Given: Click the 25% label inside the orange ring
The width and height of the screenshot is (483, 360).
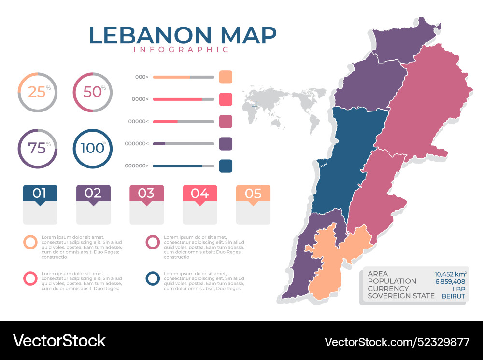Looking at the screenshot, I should (x=37, y=92).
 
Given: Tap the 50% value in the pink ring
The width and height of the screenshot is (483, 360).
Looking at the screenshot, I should (x=92, y=92).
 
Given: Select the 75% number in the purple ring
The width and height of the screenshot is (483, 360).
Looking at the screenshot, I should (x=37, y=148).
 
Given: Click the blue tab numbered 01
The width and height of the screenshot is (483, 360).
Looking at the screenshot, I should (x=40, y=194).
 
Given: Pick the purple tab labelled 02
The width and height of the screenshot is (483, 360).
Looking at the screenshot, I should (x=93, y=194).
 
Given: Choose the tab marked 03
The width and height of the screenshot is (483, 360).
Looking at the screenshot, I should (x=146, y=194).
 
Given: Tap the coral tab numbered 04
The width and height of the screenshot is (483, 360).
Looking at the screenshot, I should (x=199, y=194).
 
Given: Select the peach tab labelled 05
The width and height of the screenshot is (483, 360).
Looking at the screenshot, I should (x=253, y=194).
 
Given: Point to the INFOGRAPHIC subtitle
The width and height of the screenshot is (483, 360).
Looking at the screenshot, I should (x=181, y=50).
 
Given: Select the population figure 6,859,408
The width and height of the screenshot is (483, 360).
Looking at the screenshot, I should (x=450, y=281).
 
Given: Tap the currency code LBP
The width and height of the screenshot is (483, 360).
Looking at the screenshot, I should (x=458, y=289).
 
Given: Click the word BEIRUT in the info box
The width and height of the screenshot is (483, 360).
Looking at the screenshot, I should (x=453, y=296).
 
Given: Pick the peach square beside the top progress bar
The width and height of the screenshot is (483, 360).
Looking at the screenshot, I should (x=226, y=77).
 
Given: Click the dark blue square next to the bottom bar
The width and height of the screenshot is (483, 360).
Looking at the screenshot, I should (x=226, y=166).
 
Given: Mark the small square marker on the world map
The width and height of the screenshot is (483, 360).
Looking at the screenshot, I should (x=255, y=103).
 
